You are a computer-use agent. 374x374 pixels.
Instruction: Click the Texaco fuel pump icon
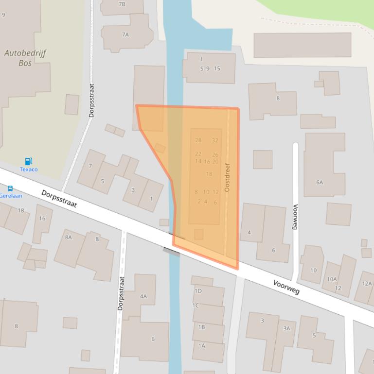tap(28, 161)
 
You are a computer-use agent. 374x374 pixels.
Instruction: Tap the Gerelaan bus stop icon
tap(10, 188)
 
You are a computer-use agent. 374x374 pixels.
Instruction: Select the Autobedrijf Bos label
tap(25, 58)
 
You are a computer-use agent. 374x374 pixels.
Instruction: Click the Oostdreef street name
tap(227, 177)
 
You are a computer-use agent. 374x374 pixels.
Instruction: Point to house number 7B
tap(122, 4)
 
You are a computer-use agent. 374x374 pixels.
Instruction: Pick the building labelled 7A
tap(125, 34)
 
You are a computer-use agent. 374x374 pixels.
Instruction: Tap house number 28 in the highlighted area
tap(198, 140)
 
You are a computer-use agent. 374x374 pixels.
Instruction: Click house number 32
tap(215, 140)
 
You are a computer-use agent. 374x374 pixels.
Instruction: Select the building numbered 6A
tap(319, 183)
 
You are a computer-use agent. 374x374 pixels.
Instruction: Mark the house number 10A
tap(332, 279)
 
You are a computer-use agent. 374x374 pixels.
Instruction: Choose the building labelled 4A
tap(143, 296)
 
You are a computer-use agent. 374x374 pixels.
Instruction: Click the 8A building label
tap(68, 237)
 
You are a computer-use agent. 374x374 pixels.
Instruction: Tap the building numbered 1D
tap(198, 291)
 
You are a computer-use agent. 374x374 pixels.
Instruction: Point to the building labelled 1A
tap(201, 346)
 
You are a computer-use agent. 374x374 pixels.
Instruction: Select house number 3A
tap(286, 328)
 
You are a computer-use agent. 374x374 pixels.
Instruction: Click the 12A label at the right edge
tap(366, 284)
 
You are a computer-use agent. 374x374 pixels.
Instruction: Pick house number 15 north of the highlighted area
tap(217, 68)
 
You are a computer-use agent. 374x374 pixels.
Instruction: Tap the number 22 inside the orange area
tap(198, 154)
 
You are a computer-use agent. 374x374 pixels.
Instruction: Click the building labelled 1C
tap(196, 306)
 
